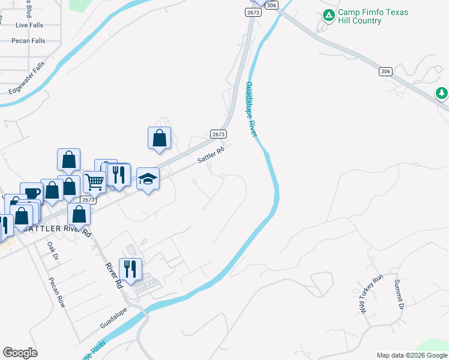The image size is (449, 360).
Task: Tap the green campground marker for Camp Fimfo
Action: (x=328, y=16)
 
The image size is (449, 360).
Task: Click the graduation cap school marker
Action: (x=148, y=179)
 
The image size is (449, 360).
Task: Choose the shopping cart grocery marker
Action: (x=94, y=181)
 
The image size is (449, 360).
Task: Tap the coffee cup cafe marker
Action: (x=31, y=193)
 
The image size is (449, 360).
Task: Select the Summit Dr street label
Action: (x=399, y=294)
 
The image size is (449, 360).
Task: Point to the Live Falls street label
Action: (x=30, y=25)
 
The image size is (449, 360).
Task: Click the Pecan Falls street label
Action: (x=28, y=41)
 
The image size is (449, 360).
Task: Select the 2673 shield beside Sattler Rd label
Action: (x=218, y=134)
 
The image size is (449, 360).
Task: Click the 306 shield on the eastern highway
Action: (x=385, y=71)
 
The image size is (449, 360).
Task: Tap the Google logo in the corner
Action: (x=20, y=353)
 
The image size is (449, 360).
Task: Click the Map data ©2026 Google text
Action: (x=411, y=355)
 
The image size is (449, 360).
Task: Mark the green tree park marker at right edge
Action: (x=442, y=93)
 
